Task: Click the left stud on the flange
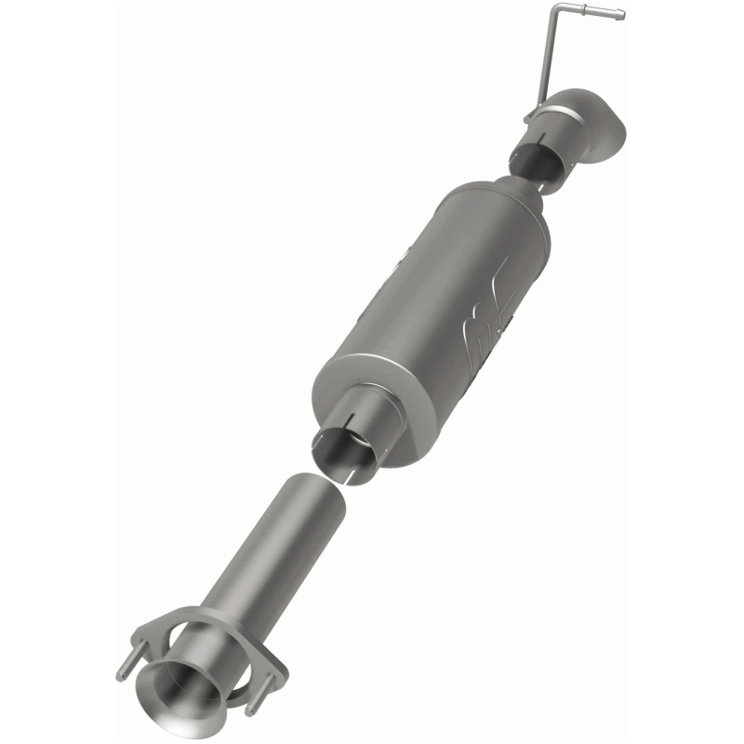123,670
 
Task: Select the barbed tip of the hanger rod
613,15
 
